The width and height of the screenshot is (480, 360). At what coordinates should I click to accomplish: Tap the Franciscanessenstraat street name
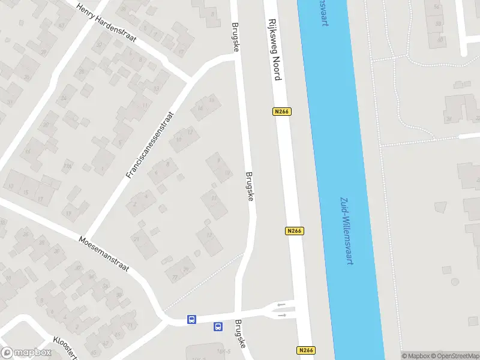point(150,145)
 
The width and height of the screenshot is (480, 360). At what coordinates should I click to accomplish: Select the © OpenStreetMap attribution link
point(454,356)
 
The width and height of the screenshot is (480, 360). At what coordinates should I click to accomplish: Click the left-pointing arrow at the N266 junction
point(281,305)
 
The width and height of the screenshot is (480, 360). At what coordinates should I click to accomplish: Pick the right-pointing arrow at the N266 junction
point(281,315)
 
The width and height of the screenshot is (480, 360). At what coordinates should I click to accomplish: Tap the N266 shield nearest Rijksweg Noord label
point(282,112)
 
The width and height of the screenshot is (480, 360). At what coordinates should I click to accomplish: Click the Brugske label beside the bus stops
point(241,334)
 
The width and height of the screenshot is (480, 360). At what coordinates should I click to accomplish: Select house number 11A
point(68,166)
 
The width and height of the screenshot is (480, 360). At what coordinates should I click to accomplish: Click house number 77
point(175,278)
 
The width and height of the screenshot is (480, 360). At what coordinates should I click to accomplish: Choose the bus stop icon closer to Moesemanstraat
point(191,319)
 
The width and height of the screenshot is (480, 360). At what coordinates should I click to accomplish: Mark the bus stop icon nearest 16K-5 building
point(218,327)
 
